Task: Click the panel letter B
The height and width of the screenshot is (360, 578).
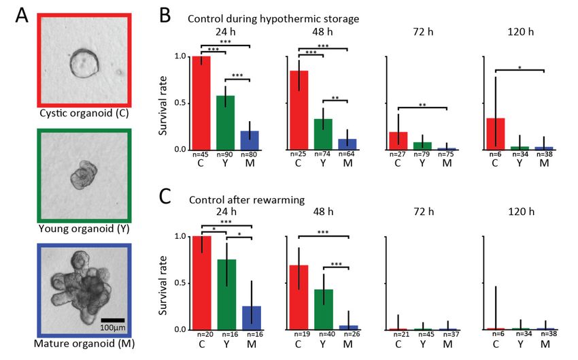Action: click(x=164, y=13)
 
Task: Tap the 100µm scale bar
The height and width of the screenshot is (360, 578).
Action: click(x=112, y=319)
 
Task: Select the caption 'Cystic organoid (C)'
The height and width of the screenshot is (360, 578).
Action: click(x=84, y=112)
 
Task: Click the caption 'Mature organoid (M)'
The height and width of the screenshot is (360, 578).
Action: click(x=84, y=344)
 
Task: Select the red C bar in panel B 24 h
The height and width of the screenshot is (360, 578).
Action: click(x=201, y=103)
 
